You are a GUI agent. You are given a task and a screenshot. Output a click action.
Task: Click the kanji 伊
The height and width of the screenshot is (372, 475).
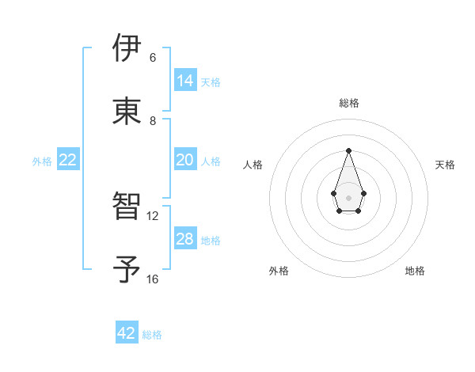(x=127, y=49)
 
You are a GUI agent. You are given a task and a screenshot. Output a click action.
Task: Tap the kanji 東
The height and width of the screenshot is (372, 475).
(x=127, y=112)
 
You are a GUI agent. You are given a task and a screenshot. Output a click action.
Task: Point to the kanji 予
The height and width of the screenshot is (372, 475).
(x=127, y=270)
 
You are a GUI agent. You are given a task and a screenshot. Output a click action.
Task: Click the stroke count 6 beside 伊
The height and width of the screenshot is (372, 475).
(x=153, y=58)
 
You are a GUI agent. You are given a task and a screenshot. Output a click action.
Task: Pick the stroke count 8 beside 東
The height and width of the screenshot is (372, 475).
(x=153, y=120)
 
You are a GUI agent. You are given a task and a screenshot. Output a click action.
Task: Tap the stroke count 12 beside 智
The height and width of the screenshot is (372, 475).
(x=153, y=215)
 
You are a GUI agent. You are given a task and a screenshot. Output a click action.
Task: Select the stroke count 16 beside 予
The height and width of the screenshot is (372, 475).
(x=153, y=279)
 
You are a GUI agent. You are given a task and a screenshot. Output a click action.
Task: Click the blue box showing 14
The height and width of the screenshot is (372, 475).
(x=185, y=81)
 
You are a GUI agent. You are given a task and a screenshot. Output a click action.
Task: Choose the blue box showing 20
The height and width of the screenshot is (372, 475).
(x=185, y=160)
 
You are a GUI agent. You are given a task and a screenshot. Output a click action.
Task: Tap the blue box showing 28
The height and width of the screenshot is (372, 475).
(x=185, y=239)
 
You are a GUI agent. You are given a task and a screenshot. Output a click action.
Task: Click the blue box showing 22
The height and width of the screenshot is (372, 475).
(x=68, y=160)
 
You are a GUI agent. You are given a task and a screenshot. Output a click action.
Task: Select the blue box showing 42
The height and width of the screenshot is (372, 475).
(x=127, y=333)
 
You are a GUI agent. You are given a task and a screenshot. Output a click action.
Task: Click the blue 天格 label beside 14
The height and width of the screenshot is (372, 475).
(x=211, y=82)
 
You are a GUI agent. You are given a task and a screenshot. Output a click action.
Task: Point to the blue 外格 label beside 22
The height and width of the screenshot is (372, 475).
(x=42, y=161)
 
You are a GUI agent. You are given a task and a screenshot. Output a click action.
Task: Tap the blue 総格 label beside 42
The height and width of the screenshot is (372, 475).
(x=152, y=334)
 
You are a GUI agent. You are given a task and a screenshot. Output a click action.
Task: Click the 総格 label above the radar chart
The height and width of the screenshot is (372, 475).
(x=348, y=103)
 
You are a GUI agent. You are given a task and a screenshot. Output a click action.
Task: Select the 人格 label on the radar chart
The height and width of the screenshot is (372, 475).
(x=253, y=165)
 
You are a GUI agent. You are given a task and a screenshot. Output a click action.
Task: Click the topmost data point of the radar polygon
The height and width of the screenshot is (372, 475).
(x=348, y=150)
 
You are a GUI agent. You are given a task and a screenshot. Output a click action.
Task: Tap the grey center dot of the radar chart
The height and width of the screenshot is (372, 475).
(x=348, y=197)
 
